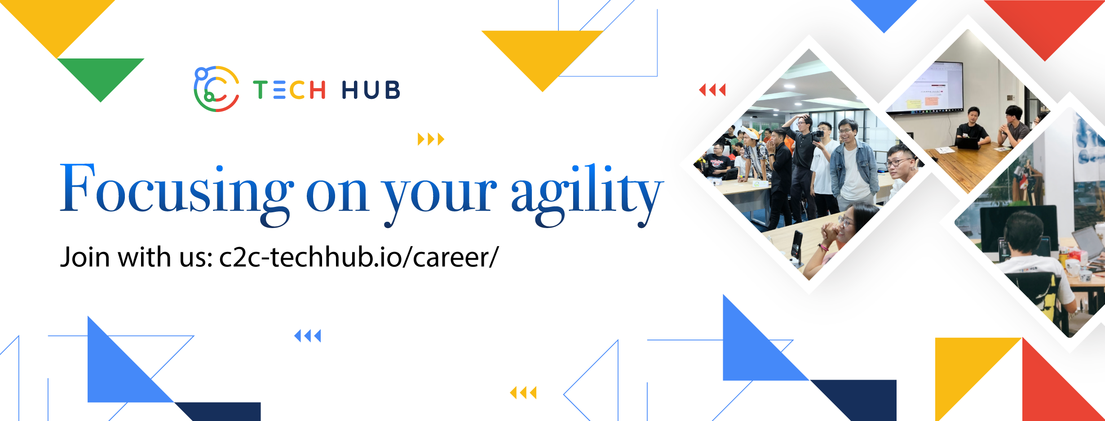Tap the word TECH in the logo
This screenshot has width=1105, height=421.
(x=289, y=90)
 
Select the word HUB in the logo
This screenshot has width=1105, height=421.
(x=371, y=90)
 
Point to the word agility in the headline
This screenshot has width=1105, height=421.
(x=586, y=193)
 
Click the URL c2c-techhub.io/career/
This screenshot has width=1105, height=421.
(x=358, y=257)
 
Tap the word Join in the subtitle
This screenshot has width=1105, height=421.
(x=85, y=257)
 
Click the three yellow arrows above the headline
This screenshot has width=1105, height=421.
(x=431, y=139)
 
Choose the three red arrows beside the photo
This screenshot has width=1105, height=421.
(x=712, y=90)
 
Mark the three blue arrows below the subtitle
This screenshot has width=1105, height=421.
(x=308, y=336)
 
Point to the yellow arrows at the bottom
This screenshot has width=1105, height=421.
(x=523, y=393)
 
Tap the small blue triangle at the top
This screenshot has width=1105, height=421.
(x=884, y=13)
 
